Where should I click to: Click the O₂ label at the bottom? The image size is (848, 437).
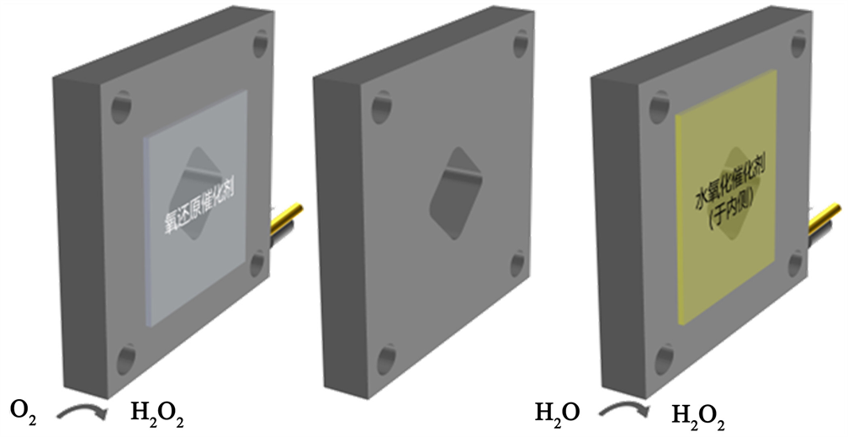[24, 413]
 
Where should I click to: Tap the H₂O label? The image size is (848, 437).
[558, 413]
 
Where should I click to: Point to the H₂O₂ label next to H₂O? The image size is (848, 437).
[698, 417]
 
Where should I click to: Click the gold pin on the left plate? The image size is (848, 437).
[286, 219]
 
